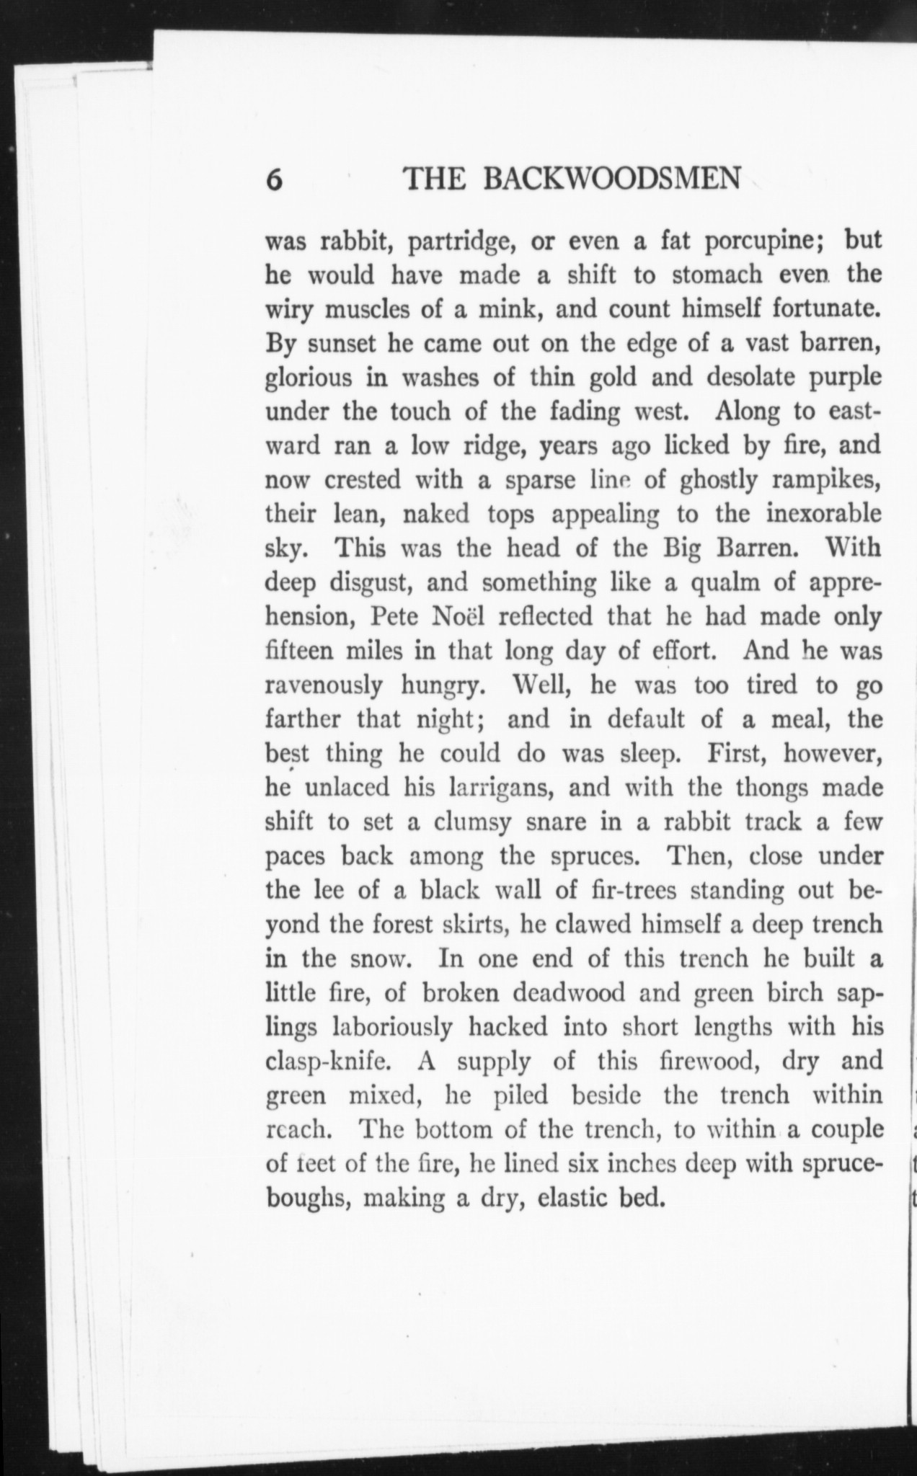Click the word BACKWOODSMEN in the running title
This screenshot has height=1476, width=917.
coord(611,178)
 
